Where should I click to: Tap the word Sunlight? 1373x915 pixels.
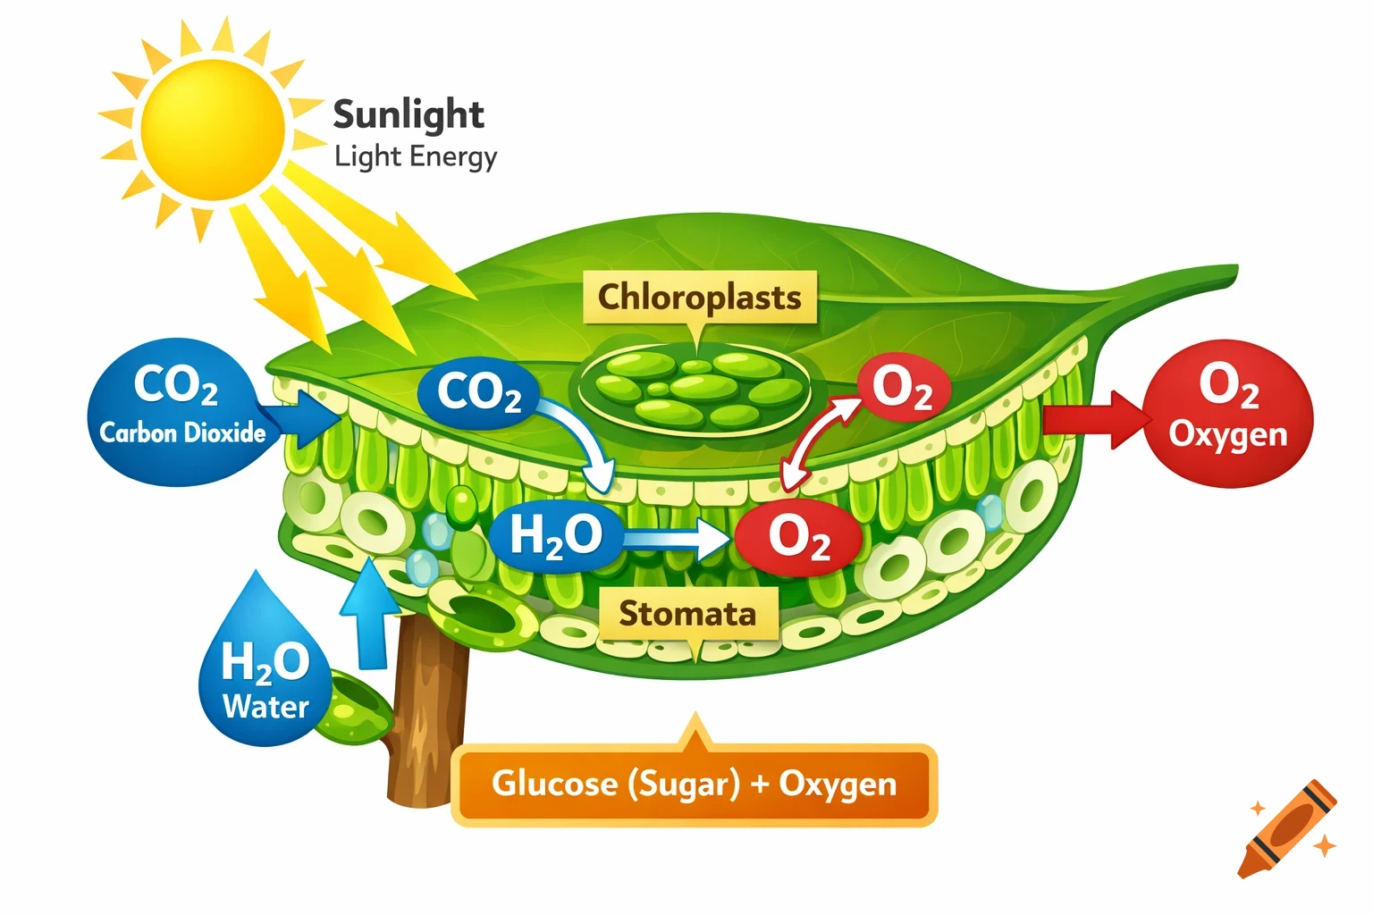point(409,114)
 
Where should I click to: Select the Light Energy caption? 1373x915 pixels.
point(416,156)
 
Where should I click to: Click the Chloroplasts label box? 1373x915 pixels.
point(699,298)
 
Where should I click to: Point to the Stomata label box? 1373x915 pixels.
point(687,614)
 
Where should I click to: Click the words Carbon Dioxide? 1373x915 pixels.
point(182,433)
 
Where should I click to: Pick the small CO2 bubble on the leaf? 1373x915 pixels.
point(478,392)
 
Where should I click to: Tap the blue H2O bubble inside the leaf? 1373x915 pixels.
point(556,535)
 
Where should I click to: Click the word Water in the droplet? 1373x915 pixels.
point(265,707)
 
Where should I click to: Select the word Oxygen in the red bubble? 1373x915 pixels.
point(1228,434)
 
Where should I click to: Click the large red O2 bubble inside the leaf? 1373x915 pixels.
point(798,537)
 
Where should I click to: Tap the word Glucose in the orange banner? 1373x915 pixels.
point(554,784)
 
